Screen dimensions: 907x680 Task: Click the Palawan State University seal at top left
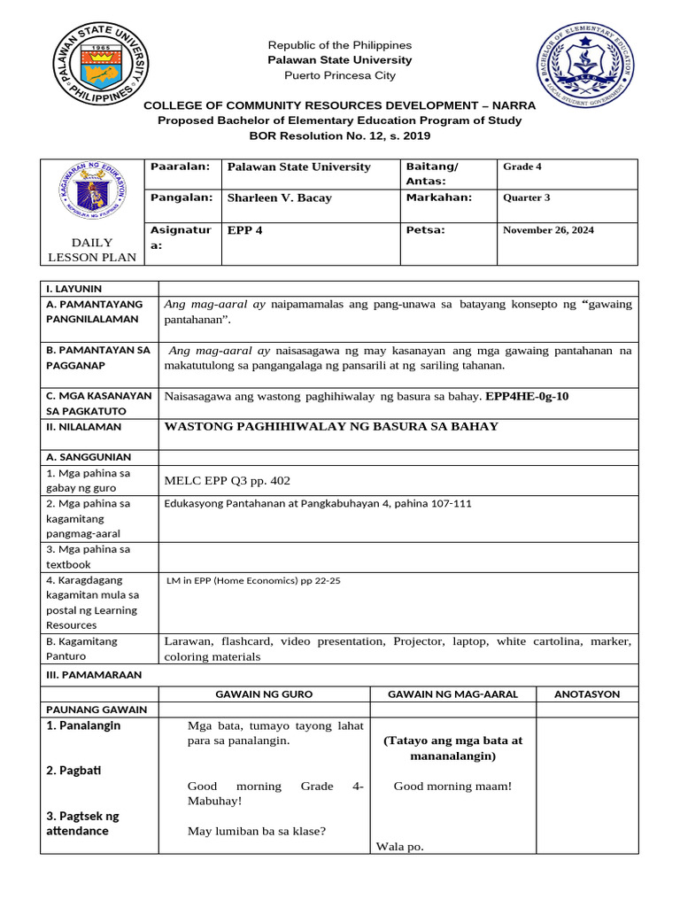coord(99,65)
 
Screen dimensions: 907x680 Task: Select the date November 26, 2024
coord(548,230)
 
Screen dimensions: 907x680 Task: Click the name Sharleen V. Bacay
coord(279,198)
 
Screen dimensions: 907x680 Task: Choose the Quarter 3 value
coord(526,198)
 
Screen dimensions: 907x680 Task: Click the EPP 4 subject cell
coord(243,230)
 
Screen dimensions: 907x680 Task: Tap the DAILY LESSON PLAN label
coord(92,250)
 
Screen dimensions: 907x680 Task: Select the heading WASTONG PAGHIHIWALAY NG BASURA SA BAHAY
coord(331,427)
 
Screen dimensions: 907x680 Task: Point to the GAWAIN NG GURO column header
coord(264,694)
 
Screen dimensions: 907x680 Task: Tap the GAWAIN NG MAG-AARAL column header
coord(452,694)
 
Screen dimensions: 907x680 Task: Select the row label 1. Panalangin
coord(83,725)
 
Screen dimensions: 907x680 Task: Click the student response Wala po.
coord(400,846)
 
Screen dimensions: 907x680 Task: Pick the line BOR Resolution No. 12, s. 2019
coord(339,136)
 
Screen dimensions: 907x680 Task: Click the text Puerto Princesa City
coord(340,76)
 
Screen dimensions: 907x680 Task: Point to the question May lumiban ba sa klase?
coord(257,831)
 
